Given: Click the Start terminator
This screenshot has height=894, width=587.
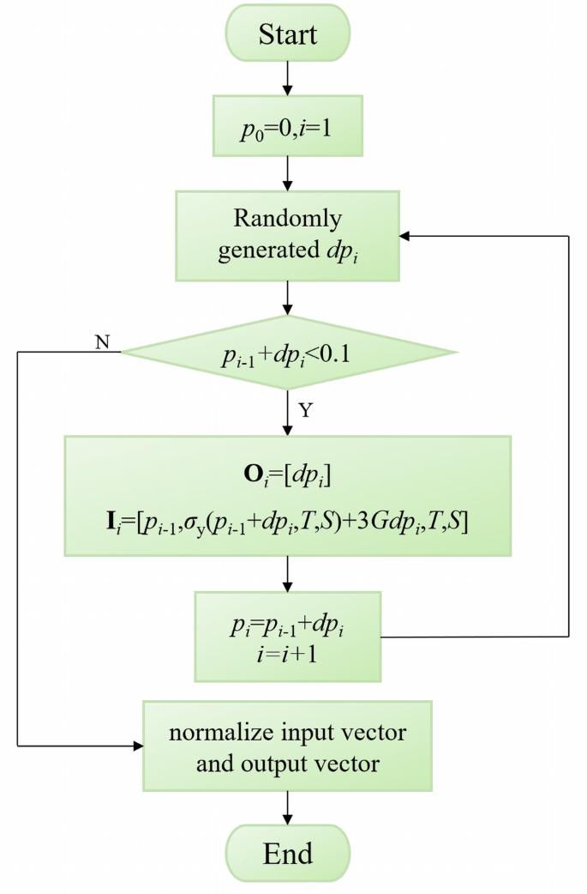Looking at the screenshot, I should point(288,34).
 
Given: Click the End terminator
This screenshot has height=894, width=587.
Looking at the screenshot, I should point(288,854).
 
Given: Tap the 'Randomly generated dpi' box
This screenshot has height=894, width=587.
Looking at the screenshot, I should point(288,235).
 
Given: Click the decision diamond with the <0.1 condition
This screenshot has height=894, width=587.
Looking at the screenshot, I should point(288,352).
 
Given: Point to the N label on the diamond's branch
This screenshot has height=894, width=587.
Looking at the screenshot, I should point(102,341).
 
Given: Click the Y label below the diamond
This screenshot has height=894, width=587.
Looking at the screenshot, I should point(307,411).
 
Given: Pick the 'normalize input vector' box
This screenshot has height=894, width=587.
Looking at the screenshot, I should point(288,746).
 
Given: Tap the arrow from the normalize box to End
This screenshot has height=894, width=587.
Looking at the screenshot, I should point(288,808).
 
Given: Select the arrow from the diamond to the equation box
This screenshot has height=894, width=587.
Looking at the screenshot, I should point(288,414).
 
